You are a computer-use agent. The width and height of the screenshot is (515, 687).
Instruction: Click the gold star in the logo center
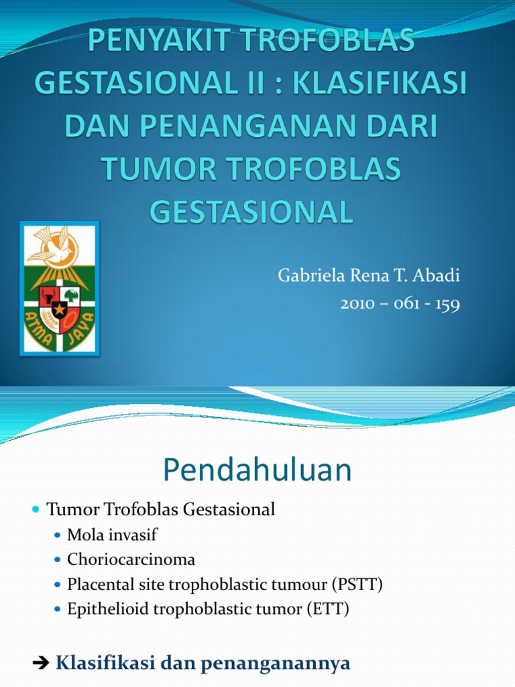(60, 310)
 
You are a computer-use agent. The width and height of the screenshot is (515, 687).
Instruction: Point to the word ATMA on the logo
(39, 328)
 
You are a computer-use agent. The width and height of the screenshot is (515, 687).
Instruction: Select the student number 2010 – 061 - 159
(400, 304)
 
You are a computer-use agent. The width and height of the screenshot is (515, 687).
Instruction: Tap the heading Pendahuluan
(257, 470)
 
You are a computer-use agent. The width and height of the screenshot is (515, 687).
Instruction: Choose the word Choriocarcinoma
(131, 559)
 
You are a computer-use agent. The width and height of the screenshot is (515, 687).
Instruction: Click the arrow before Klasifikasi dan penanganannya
(40, 645)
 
